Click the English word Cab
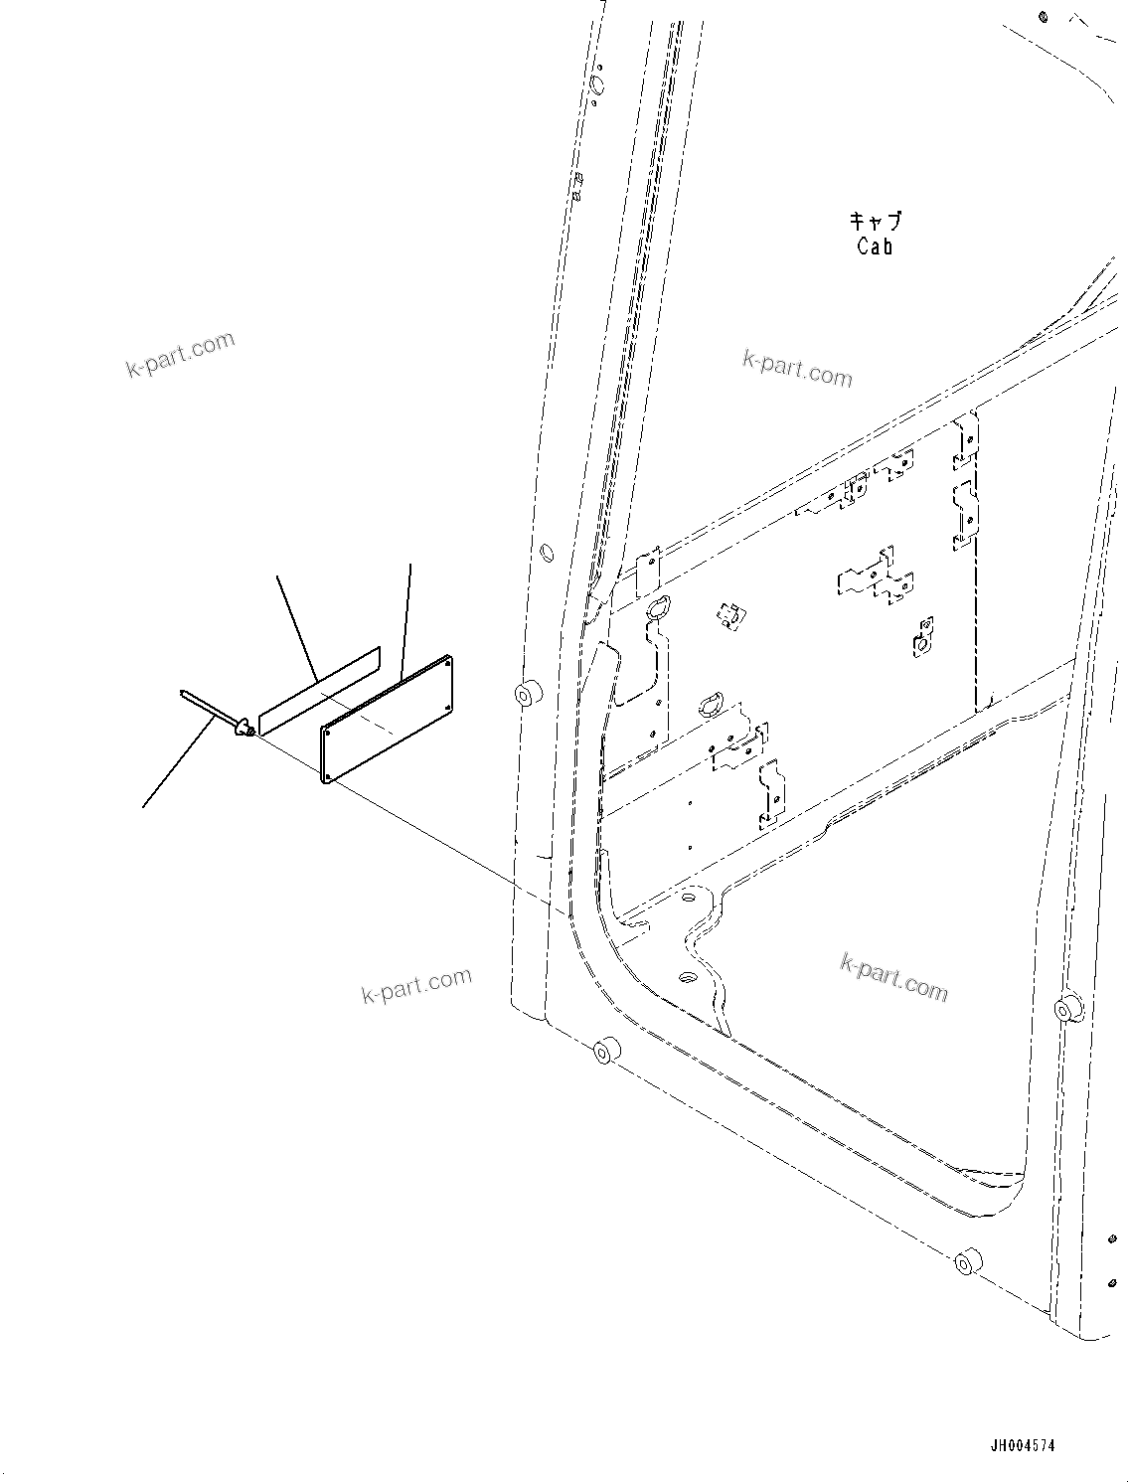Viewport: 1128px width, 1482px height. point(875,247)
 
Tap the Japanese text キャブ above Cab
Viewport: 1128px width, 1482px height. point(876,221)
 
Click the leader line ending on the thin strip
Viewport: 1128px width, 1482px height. point(296,626)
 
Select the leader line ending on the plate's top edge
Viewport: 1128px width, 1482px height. point(407,616)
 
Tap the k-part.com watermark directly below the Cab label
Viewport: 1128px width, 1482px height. point(797,370)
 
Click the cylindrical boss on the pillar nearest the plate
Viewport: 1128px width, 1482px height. point(526,692)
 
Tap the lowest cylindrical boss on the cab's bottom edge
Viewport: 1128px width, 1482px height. point(964,1263)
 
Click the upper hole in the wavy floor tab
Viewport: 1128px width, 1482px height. point(687,897)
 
